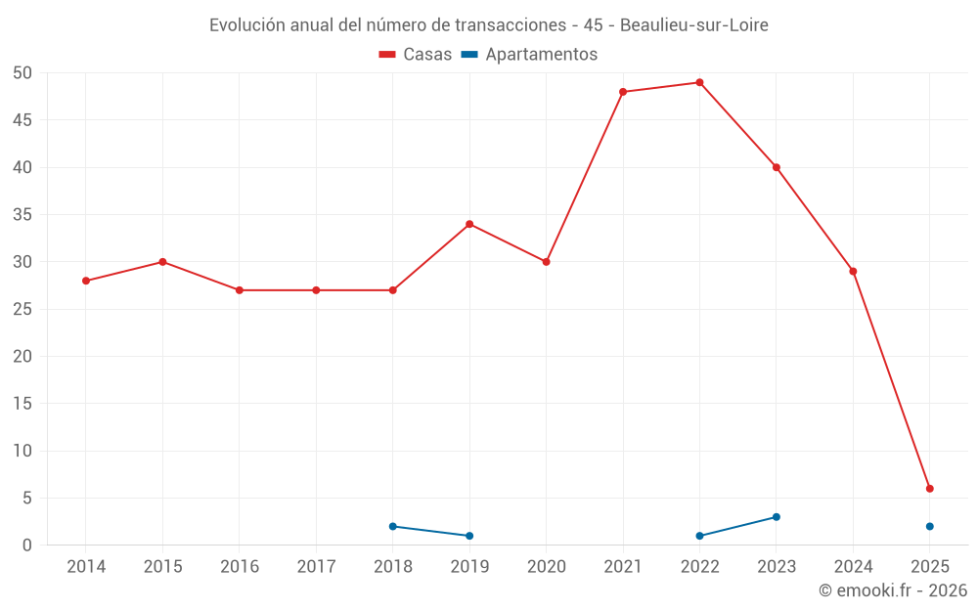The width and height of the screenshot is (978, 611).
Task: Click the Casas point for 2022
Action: pyautogui.click(x=699, y=82)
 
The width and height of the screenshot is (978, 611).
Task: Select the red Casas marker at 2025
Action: pyautogui.click(x=930, y=489)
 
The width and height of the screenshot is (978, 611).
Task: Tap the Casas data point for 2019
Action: pyautogui.click(x=469, y=224)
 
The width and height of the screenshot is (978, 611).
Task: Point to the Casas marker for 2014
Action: pyautogui.click(x=86, y=281)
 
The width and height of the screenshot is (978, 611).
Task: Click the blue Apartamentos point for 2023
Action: pyautogui.click(x=777, y=517)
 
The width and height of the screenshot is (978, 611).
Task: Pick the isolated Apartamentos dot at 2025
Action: pyautogui.click(x=930, y=527)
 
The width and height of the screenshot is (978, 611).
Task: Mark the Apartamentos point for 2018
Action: pyautogui.click(x=393, y=527)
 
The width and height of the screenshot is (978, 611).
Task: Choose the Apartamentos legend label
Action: pyautogui.click(x=541, y=55)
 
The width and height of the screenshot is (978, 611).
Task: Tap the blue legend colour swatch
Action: pyautogui.click(x=468, y=55)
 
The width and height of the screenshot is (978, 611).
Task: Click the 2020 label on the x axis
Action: pyautogui.click(x=547, y=566)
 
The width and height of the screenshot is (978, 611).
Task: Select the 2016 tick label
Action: pyautogui.click(x=240, y=566)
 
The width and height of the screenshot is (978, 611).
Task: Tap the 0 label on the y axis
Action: pyautogui.click(x=28, y=546)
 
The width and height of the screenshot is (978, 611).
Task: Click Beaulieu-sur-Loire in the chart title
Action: pyautogui.click(x=694, y=24)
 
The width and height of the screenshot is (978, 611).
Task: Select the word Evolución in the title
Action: pyautogui.click(x=246, y=24)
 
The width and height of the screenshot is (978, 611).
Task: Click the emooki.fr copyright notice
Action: pyautogui.click(x=893, y=590)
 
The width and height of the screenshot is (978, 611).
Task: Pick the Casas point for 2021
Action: pyautogui.click(x=623, y=92)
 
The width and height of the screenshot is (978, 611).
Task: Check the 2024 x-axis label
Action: pyautogui.click(x=854, y=566)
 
